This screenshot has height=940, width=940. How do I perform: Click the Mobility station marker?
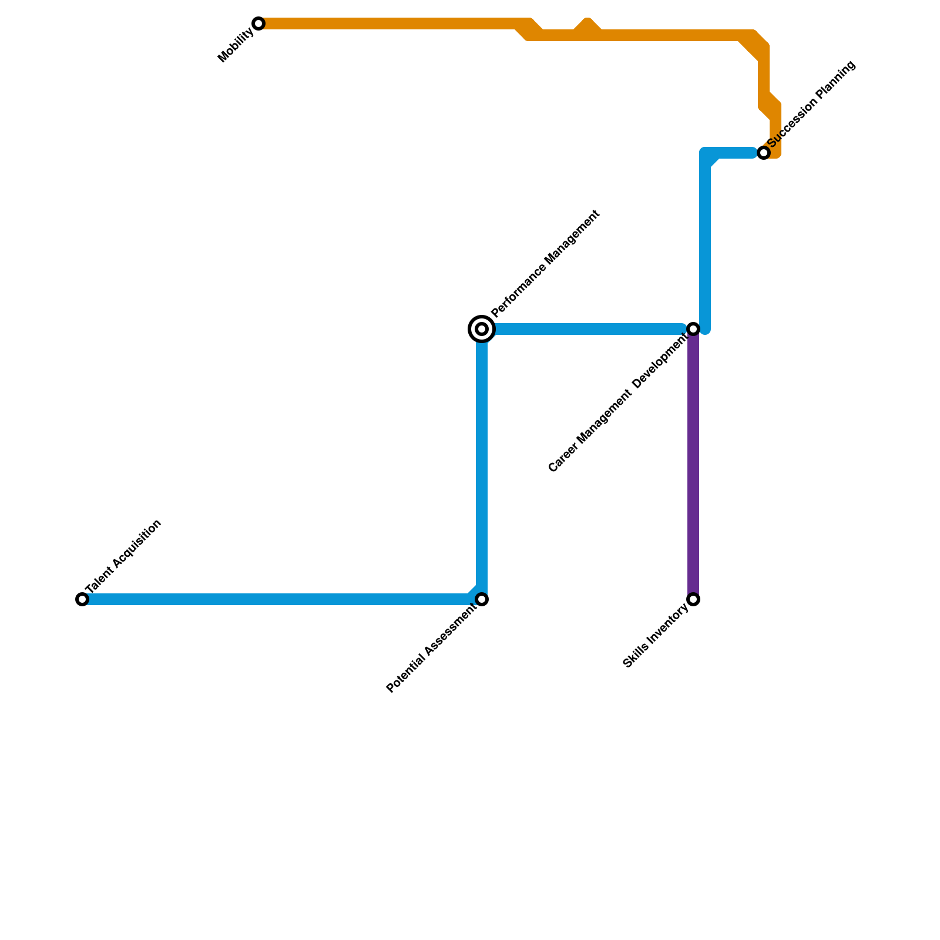pos(258,23)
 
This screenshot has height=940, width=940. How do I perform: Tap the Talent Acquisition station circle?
pos(82,599)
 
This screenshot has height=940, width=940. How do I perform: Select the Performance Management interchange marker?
pos(482,329)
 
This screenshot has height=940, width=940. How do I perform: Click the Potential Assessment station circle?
pos(482,599)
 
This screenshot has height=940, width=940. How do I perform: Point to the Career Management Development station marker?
pos(693,329)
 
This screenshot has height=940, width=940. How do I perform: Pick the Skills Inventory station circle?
pos(693,599)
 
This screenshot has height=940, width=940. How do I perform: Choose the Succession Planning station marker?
pos(763,153)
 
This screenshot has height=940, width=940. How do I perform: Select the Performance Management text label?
pos(546,263)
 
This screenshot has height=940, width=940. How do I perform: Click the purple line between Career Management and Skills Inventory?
pos(693,464)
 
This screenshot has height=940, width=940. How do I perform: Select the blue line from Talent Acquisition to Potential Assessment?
pos(276,599)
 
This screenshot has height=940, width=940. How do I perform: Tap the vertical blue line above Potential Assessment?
pos(482,464)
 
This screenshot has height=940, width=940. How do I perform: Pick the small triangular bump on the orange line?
pos(587,26)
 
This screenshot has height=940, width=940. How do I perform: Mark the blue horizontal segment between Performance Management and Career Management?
pos(587,329)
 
